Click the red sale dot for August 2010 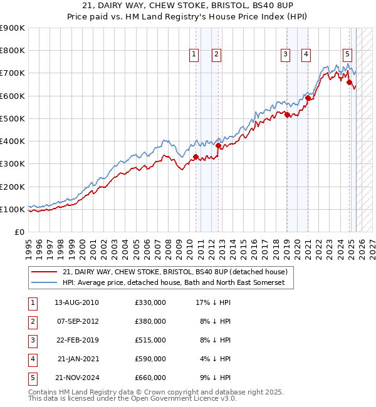click(x=196, y=157)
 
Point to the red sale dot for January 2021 click(x=308, y=98)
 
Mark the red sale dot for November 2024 click(x=349, y=82)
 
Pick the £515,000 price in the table click(x=150, y=340)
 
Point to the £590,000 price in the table click(x=150, y=359)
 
